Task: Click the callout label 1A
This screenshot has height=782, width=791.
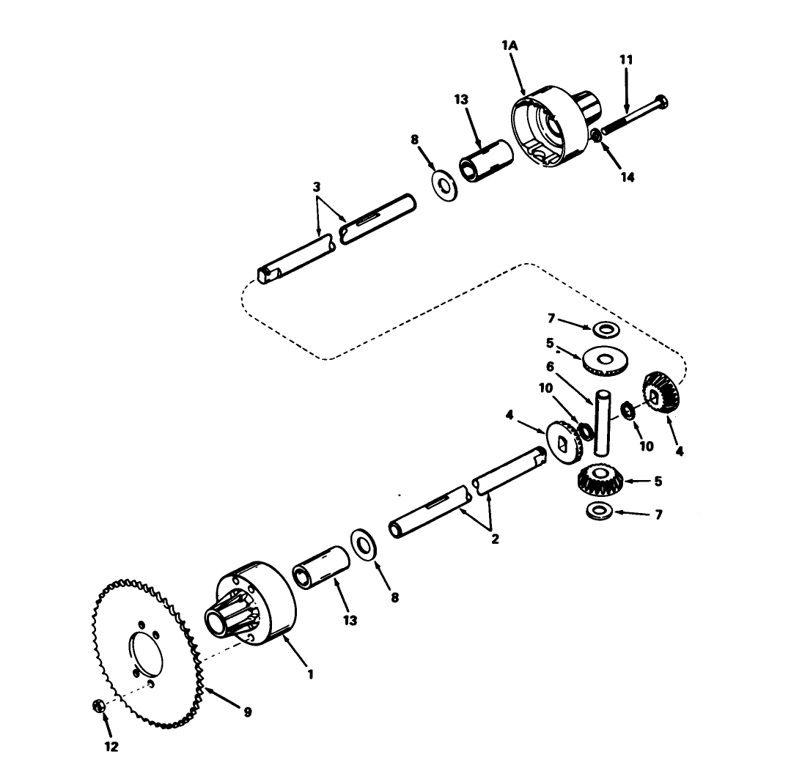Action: pos(509,46)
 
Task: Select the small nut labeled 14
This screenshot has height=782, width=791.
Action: pos(597,135)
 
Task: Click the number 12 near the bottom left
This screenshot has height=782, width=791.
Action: pos(110,747)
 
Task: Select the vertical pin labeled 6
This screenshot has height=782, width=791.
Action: pos(602,421)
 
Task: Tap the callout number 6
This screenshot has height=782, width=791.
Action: pos(570,366)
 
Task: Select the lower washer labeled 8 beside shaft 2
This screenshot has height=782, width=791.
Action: pos(364,543)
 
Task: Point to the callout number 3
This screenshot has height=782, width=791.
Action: pos(316,187)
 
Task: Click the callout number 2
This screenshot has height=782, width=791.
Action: pos(495,539)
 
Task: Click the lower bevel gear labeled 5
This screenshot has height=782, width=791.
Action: pos(600,481)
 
